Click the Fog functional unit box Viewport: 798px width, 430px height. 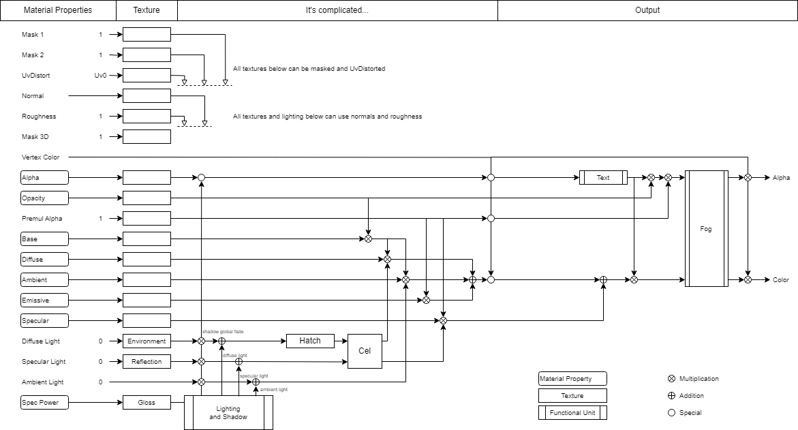pos(706,229)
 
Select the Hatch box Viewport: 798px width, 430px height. pos(310,341)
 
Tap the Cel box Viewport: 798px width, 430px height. pos(365,352)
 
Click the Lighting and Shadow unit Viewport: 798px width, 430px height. pos(228,413)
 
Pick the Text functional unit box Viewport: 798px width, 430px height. pos(603,178)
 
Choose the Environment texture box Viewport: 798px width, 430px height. pos(147,341)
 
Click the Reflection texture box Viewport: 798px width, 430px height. pos(147,362)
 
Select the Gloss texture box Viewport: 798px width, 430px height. pos(147,403)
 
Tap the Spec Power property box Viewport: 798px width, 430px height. pos(44,403)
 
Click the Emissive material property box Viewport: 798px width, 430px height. pos(44,301)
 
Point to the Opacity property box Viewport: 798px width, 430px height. pos(44,198)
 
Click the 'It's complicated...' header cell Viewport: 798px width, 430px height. pos(337,10)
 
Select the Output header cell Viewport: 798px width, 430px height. pos(647,10)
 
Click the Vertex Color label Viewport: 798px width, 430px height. pos(41,157)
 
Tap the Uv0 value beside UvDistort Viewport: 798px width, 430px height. pos(100,76)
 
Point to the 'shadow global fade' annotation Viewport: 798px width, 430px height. pos(223,332)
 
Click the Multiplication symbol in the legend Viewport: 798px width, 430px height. pos(671,379)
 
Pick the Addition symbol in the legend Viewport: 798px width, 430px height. pos(671,396)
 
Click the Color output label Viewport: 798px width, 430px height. pos(781,280)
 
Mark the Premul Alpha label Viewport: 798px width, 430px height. pos(42,219)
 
